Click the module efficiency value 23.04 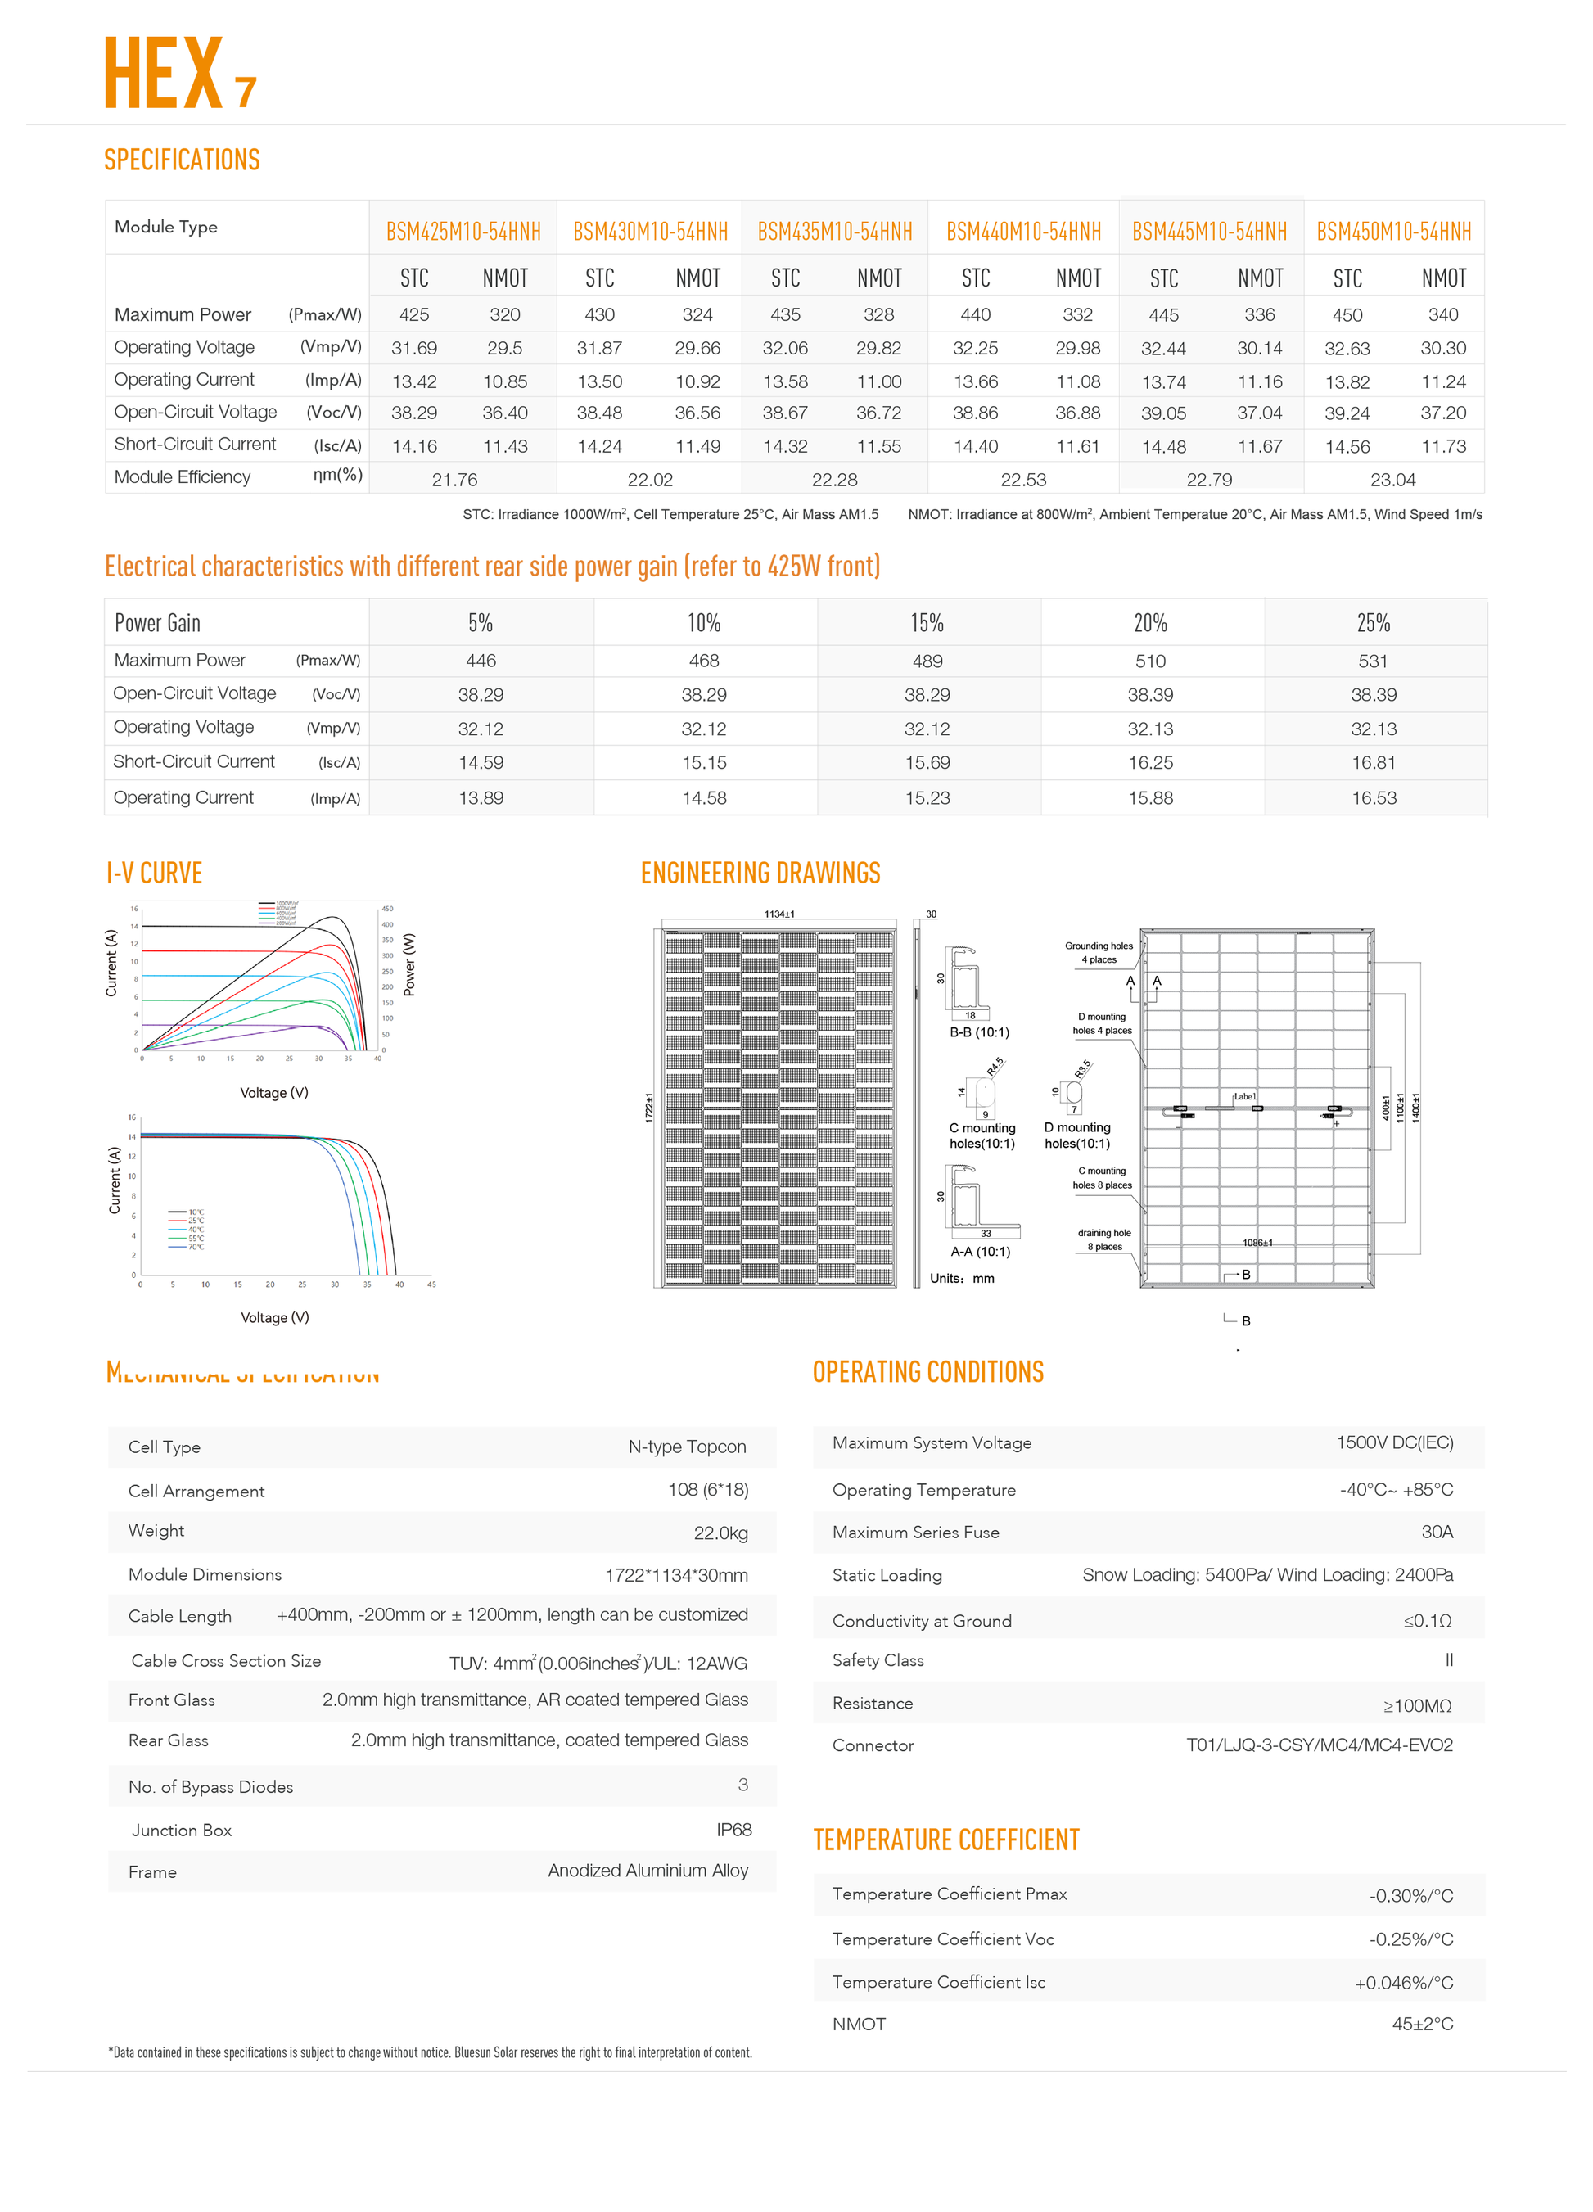[x=1392, y=480]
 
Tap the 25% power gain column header [x=1373, y=623]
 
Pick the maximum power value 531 [x=1373, y=661]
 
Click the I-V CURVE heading [x=154, y=873]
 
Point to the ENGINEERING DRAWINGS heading [x=760, y=873]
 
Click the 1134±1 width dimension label [x=778, y=914]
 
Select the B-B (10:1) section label [x=979, y=1032]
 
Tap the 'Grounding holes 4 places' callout [x=1099, y=953]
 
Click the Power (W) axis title [x=410, y=964]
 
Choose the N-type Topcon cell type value [x=687, y=1447]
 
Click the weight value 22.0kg [x=720, y=1533]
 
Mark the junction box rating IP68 [x=733, y=1830]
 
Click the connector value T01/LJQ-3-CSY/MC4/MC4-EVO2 [x=1319, y=1745]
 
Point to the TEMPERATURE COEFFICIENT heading [x=946, y=1840]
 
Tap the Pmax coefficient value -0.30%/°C [x=1410, y=1896]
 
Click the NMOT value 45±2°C [x=1421, y=2024]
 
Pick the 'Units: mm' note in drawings [x=962, y=1279]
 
